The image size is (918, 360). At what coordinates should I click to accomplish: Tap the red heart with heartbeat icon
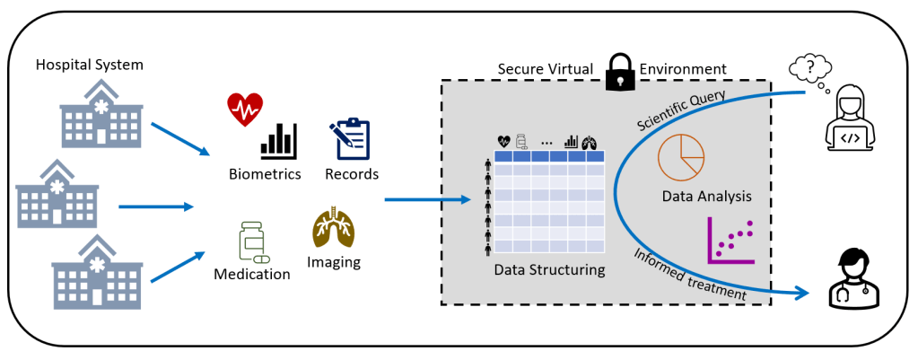pyautogui.click(x=244, y=109)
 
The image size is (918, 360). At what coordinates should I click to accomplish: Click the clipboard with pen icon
pyautogui.click(x=349, y=139)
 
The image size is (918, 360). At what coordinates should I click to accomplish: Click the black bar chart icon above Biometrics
pyautogui.click(x=278, y=141)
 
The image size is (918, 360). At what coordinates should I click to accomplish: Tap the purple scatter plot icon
pyautogui.click(x=732, y=241)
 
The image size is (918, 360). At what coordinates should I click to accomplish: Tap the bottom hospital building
pyautogui.click(x=96, y=271)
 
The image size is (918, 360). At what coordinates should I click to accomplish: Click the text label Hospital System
pyautogui.click(x=89, y=65)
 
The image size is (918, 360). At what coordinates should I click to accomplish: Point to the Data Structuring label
pyautogui.click(x=549, y=269)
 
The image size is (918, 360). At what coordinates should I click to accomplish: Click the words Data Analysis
pyautogui.click(x=706, y=196)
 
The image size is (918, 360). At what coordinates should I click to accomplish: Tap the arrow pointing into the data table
pyautogui.click(x=427, y=199)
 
